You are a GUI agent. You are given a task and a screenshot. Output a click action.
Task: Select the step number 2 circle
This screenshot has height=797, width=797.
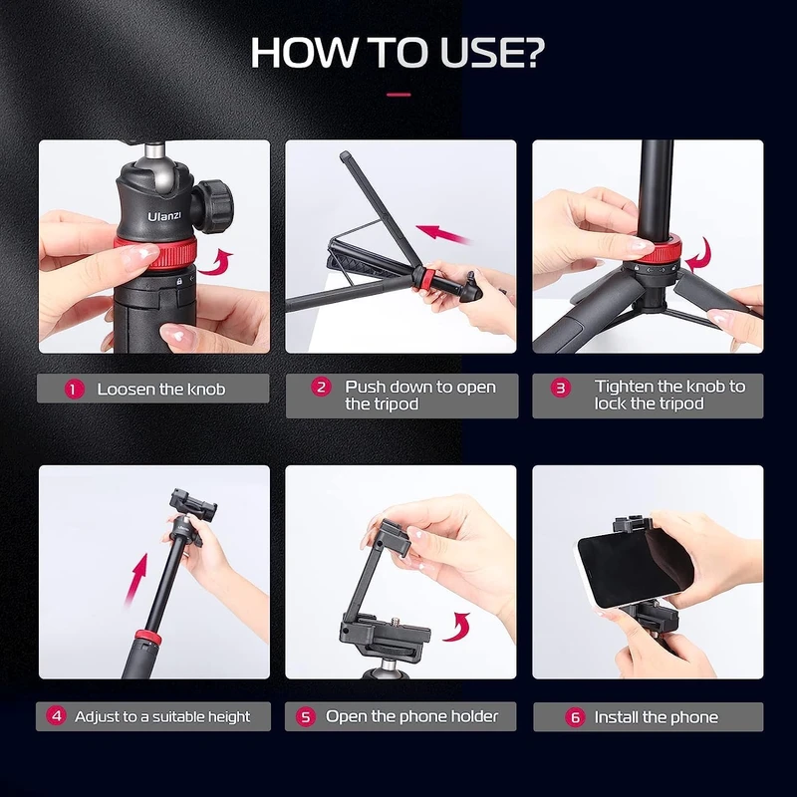pos(321,388)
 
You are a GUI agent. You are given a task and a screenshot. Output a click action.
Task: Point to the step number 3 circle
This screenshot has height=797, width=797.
pos(562,388)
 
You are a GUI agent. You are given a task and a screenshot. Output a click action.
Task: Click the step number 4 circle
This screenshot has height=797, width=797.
pos(57,716)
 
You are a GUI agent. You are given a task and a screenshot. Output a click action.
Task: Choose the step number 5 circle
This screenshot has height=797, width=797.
pos(306,716)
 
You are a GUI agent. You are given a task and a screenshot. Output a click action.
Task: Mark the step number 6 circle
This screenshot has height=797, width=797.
pos(575,717)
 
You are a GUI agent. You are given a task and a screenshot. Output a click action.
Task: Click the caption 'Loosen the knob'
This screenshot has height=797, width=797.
pos(160,390)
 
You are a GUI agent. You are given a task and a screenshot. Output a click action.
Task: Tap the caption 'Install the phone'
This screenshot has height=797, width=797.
pos(656,717)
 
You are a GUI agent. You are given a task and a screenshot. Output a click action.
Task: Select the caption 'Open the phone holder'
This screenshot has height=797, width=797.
pos(411,716)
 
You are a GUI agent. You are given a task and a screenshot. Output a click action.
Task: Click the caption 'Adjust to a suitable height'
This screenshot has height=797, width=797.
pos(162,716)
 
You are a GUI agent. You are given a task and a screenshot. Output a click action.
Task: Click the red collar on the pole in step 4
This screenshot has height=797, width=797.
pos(147,637)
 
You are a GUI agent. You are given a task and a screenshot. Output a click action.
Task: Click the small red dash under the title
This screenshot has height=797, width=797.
pos(398,95)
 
